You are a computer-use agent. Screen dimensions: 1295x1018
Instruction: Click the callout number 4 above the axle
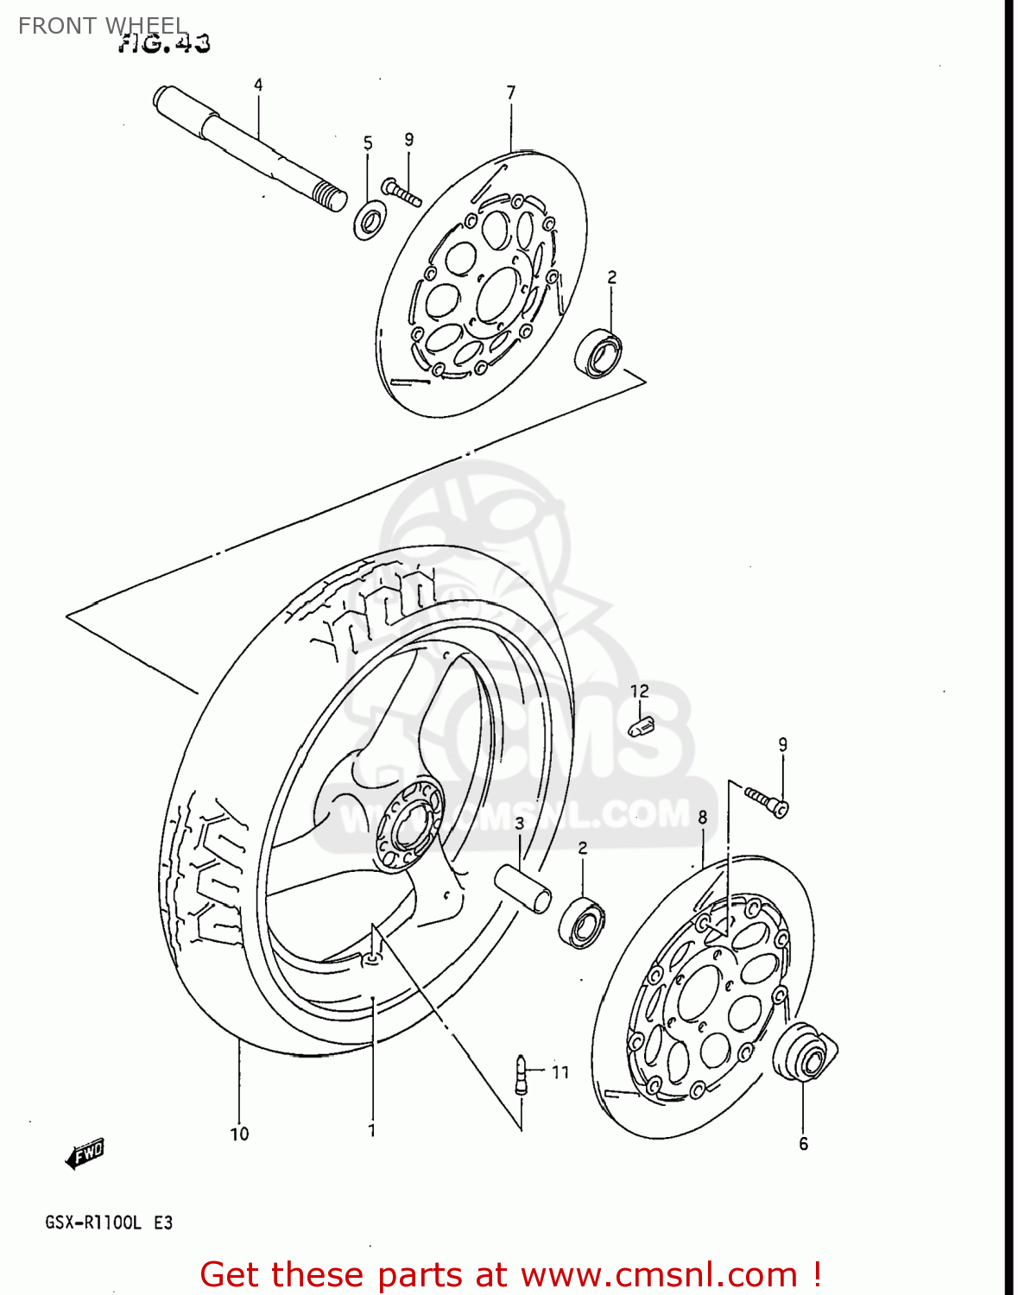pos(258,85)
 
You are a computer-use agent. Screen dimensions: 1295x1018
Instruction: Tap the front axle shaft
pos(250,148)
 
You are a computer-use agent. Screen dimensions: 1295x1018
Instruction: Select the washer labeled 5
pos(370,221)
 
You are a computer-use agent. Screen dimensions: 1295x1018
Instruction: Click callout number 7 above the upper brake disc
pos(511,92)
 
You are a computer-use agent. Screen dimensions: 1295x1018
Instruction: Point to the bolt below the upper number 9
pos(401,192)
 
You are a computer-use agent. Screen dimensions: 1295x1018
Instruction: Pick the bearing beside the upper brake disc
pos(599,353)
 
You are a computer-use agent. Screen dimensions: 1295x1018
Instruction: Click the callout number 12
pos(639,691)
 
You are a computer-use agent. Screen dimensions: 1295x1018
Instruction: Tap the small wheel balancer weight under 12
pos(641,726)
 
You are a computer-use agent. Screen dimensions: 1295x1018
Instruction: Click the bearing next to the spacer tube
pos(582,921)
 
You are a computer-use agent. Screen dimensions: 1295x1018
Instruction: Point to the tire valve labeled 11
pos(521,1074)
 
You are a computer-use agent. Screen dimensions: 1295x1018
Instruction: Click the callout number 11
pos(560,1072)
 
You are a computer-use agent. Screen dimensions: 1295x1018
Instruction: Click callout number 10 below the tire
pos(239,1134)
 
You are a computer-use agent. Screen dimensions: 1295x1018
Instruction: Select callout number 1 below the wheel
pos(371,1130)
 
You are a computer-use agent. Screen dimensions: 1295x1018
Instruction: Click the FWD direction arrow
pos(85,1153)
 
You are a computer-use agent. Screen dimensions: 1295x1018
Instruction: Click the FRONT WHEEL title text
pos(102,26)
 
